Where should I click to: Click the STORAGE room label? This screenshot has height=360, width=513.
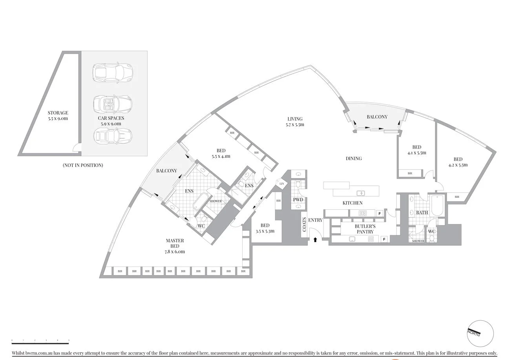(58, 113)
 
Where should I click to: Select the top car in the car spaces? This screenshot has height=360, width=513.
(113, 73)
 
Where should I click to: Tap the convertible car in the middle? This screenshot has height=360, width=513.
(113, 104)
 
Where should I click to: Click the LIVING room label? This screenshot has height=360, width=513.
(295, 119)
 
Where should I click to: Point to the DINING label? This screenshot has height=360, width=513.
(353, 159)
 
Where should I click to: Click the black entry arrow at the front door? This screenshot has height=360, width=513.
(315, 239)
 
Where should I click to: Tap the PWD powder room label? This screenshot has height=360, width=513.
(298, 200)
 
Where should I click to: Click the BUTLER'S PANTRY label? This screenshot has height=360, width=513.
(365, 229)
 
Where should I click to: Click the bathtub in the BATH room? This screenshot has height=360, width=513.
(436, 205)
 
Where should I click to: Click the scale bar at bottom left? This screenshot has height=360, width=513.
(40, 343)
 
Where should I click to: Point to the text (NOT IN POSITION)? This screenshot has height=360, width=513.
(83, 165)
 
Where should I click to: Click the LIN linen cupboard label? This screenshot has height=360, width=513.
(281, 184)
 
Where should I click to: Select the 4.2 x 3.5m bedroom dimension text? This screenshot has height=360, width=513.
(458, 165)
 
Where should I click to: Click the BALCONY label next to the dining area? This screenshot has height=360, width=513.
(377, 117)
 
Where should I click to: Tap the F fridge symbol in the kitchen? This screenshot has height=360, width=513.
(380, 213)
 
